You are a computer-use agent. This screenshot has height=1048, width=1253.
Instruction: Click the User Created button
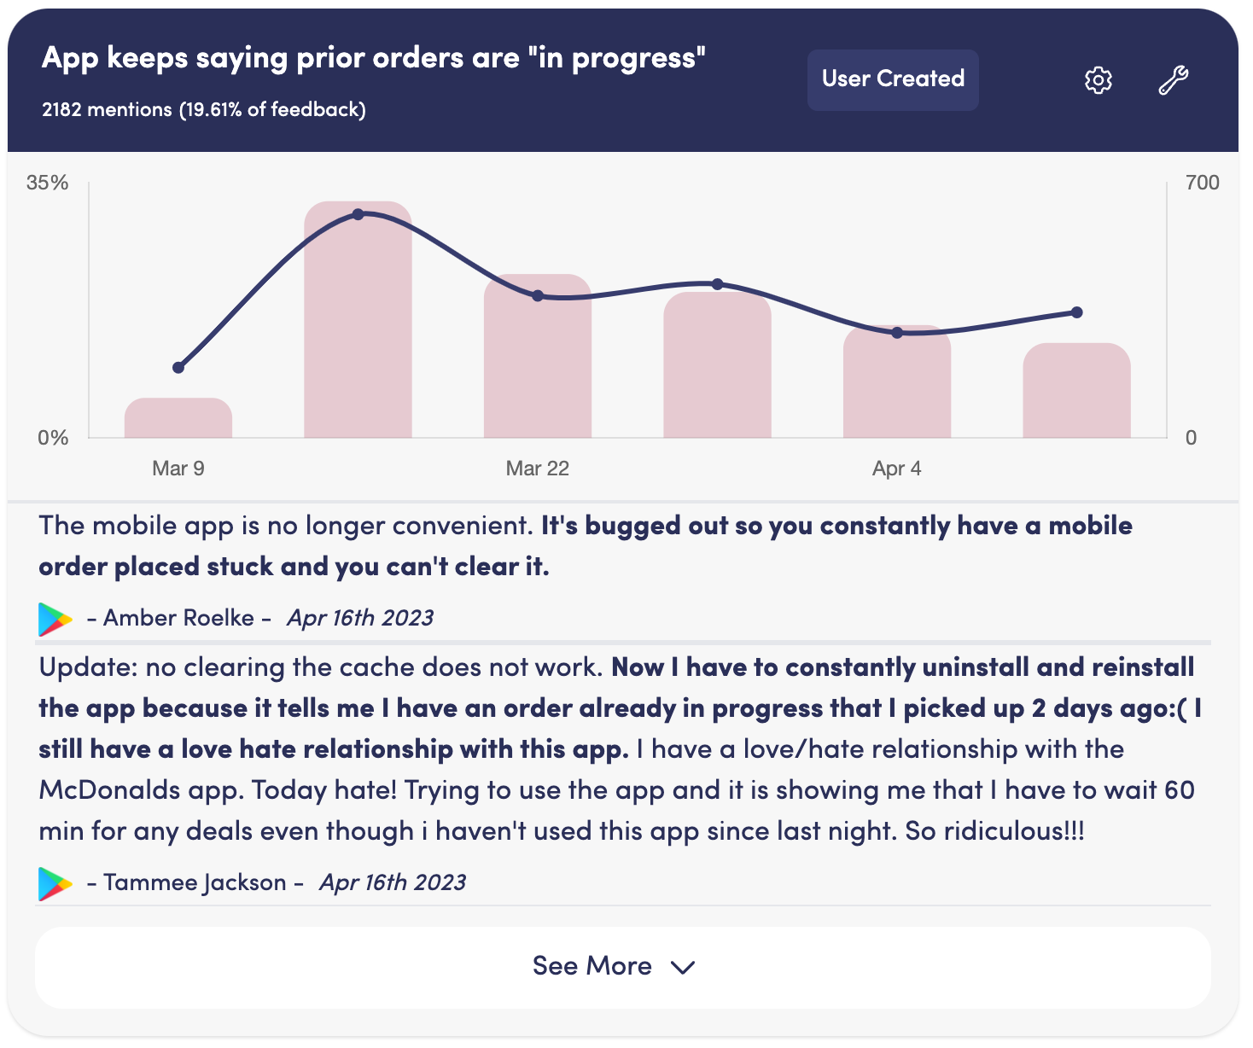point(893,79)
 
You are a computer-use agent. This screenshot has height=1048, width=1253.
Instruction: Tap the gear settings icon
point(1098,80)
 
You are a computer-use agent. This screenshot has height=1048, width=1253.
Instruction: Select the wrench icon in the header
point(1174,80)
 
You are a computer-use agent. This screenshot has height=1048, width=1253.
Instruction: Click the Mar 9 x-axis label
point(178,469)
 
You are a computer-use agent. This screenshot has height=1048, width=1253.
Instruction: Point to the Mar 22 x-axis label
point(537,469)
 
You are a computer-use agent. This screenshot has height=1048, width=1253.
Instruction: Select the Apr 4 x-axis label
point(896,469)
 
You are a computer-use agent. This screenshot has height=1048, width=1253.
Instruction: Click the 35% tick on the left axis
point(47,183)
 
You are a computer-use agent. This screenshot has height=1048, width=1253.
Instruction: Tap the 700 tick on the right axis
point(1202,183)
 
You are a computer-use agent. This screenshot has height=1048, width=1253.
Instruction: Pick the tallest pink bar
point(358,324)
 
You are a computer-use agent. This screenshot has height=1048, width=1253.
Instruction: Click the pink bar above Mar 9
point(178,419)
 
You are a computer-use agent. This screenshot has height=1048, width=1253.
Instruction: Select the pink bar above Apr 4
point(896,384)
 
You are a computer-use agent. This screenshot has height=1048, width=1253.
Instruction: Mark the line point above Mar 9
point(178,368)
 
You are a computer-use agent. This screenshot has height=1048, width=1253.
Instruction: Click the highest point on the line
point(358,214)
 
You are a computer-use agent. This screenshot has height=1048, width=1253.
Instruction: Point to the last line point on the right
point(1076,312)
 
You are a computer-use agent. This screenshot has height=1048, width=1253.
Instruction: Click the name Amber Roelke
point(178,618)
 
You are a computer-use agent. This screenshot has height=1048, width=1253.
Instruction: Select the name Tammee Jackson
point(195,882)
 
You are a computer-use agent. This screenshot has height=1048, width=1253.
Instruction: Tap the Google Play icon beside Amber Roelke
point(55,620)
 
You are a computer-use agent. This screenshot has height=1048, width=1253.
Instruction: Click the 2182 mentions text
point(107,110)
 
